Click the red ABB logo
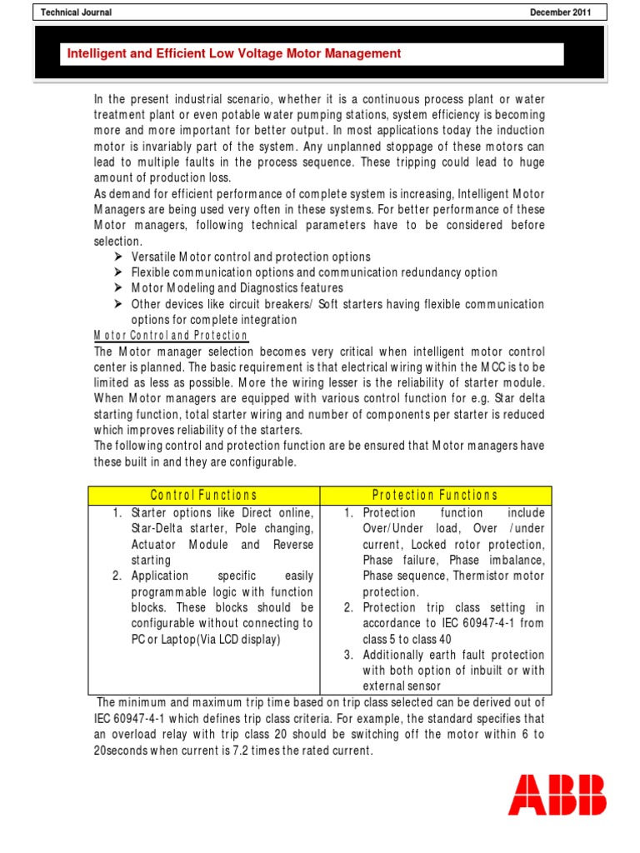pos(557,794)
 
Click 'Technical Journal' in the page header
pos(77,12)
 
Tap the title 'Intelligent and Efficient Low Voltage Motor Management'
pos(234,54)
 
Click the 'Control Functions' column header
pos(203,496)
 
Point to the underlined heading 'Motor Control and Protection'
pos(171,336)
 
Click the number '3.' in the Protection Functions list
pos(351,656)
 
